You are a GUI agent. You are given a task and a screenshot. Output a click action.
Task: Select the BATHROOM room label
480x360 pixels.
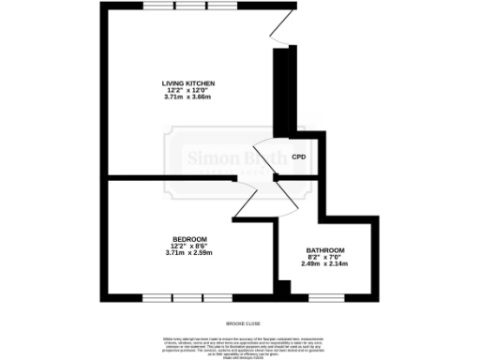(x=325, y=250)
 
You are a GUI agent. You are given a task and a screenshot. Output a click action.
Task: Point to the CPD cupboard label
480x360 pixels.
(x=299, y=157)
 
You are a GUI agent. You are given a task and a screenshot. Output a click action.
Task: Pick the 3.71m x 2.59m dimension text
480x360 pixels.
(x=188, y=253)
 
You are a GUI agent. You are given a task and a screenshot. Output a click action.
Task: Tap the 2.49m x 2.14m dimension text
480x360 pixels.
(x=325, y=264)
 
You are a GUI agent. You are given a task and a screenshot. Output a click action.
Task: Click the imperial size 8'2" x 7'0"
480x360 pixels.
(x=325, y=257)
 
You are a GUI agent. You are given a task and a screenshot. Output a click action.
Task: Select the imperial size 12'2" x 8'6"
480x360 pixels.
(x=188, y=247)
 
